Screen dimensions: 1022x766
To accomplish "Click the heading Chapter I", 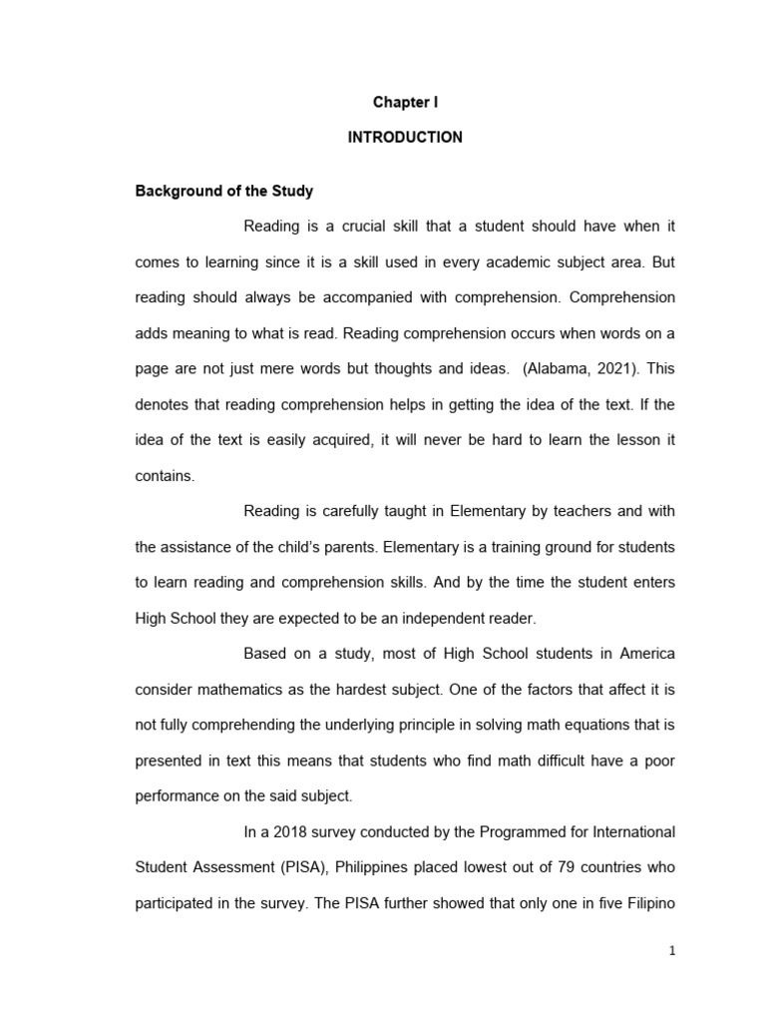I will [405, 102].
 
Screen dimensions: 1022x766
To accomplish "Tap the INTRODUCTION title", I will [405, 138].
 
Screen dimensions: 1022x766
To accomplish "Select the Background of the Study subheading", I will [224, 191].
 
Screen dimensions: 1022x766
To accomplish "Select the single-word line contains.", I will [165, 475].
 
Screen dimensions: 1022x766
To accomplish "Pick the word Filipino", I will [647, 903].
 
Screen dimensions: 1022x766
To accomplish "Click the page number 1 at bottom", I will [672, 951].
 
